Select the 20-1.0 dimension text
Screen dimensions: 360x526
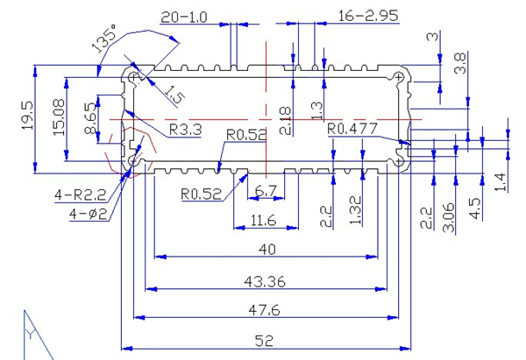pyautogui.click(x=185, y=17)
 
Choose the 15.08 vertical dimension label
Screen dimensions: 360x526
pyautogui.click(x=59, y=116)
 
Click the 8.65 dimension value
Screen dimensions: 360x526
pyautogui.click(x=89, y=119)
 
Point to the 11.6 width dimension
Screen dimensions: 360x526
pyautogui.click(x=263, y=219)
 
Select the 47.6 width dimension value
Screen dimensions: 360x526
pyautogui.click(x=268, y=310)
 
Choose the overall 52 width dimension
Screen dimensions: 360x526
pyautogui.click(x=268, y=339)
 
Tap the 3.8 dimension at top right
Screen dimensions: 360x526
pyautogui.click(x=459, y=63)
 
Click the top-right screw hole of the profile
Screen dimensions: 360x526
pyautogui.click(x=400, y=79)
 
